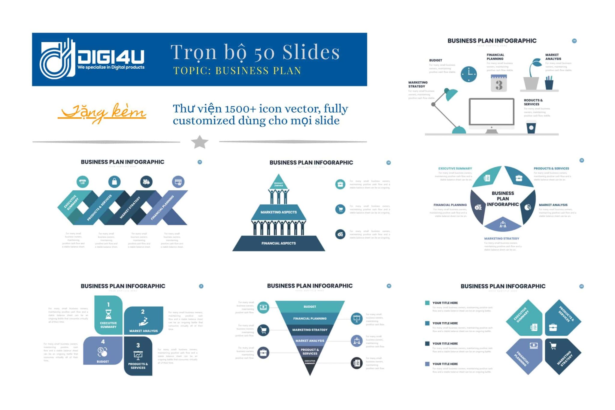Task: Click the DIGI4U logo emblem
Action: (57, 59)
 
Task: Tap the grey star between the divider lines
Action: (199, 142)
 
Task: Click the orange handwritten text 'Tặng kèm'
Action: (102, 113)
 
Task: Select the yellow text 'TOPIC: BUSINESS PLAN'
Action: (237, 71)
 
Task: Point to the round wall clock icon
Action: (468, 74)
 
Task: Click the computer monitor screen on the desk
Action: (491, 112)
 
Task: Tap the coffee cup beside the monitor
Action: (531, 127)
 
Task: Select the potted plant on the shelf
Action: (532, 75)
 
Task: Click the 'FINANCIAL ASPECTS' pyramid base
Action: (278, 243)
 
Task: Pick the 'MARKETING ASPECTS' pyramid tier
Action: (278, 212)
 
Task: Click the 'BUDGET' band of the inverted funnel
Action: (310, 306)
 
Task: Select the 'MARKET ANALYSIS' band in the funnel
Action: (310, 341)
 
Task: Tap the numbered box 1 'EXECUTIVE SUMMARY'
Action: (108, 315)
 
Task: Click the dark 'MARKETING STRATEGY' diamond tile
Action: (563, 357)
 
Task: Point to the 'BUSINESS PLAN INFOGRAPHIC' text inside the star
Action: (503, 199)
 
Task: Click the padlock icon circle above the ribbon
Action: (114, 182)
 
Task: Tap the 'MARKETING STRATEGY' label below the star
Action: (501, 239)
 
